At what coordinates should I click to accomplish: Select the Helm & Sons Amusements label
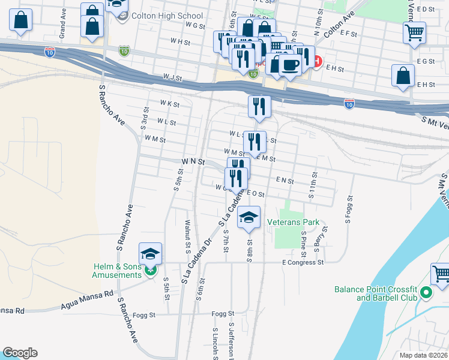[116, 271]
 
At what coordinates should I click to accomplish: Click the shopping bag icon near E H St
[403, 76]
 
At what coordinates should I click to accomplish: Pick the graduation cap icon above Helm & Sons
[150, 253]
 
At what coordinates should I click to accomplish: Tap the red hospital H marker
[317, 61]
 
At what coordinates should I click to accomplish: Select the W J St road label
[172, 77]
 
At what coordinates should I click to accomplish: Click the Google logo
[20, 353]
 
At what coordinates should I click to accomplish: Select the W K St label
[170, 104]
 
